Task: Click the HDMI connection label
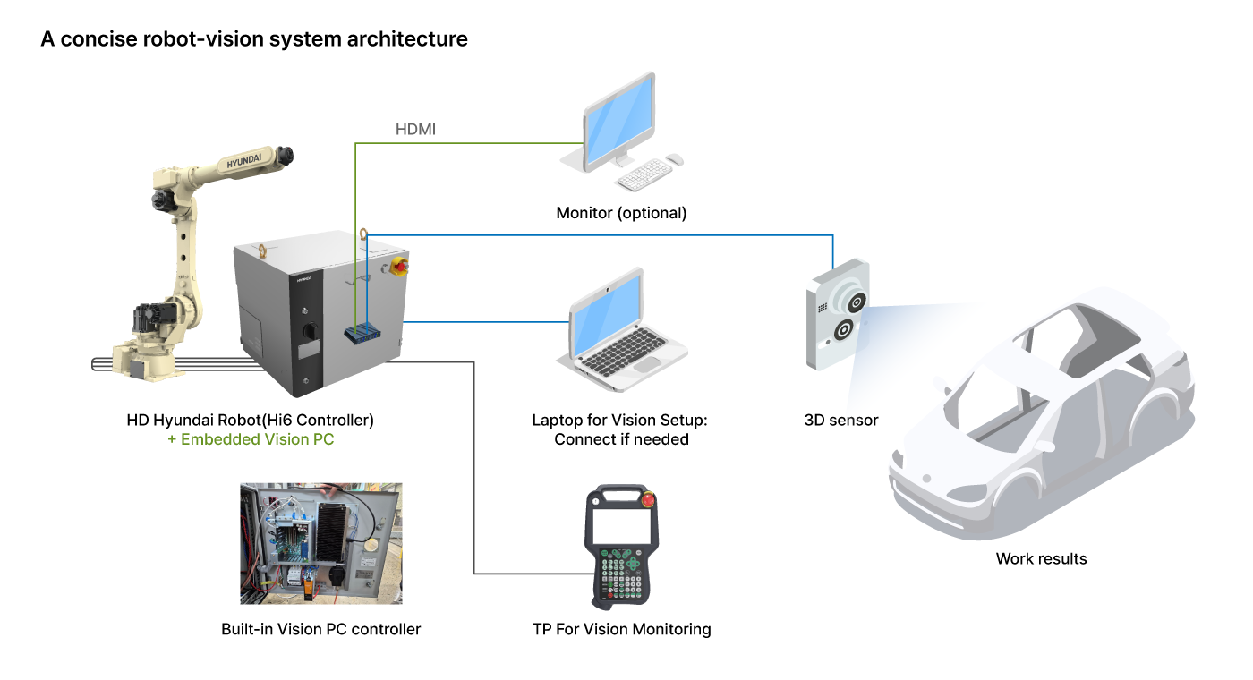point(415,131)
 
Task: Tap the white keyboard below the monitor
point(644,174)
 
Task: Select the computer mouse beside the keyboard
point(675,159)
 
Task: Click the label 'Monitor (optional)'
point(621,213)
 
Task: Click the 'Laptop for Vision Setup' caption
point(621,420)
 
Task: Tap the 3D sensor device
point(837,313)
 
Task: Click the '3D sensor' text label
point(841,420)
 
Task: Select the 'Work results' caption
point(1041,559)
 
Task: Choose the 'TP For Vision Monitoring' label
point(621,629)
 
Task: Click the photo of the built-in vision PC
point(320,543)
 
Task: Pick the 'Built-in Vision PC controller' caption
point(320,629)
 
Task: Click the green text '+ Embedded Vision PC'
point(251,439)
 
